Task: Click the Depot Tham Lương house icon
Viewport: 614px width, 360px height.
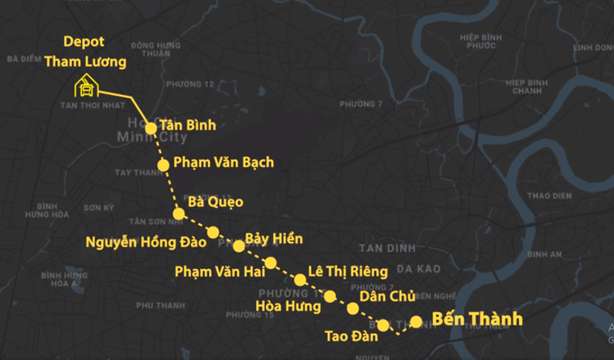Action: click(85, 85)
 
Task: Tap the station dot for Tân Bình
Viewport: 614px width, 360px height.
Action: click(151, 128)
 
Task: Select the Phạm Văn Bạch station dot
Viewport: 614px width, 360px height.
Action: click(163, 164)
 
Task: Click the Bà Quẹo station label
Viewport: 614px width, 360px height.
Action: click(215, 201)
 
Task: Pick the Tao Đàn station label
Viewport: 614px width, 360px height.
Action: click(351, 335)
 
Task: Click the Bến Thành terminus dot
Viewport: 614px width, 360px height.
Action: click(416, 322)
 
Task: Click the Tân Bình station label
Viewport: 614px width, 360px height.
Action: click(187, 125)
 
